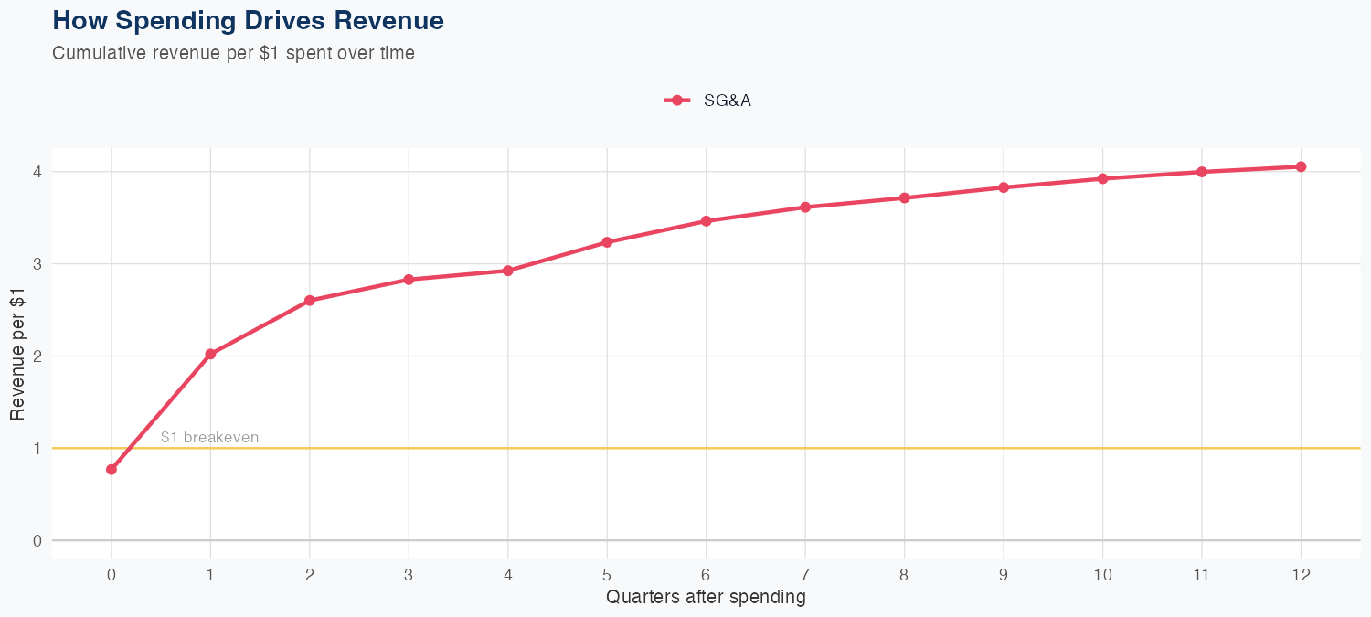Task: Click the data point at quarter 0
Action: coord(112,469)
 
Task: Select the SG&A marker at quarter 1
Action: coord(210,354)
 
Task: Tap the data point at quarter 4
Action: coord(508,271)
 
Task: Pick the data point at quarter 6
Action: coord(706,221)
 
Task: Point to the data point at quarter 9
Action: coord(1004,187)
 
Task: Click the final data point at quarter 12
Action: coord(1301,166)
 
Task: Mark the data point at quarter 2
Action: coord(310,300)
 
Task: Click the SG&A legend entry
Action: coord(708,101)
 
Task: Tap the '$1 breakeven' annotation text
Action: coord(209,438)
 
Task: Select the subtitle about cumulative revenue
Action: coord(234,53)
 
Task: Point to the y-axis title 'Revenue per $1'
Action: coord(18,353)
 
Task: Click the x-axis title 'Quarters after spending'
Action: coord(706,598)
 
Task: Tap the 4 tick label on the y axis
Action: coord(37,172)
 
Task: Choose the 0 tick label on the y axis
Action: coord(37,540)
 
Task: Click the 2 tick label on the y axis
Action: coord(37,356)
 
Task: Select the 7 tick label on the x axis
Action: coord(805,575)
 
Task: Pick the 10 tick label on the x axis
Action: coord(1102,575)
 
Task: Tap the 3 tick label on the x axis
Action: coord(409,575)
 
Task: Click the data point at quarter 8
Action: coord(904,197)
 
